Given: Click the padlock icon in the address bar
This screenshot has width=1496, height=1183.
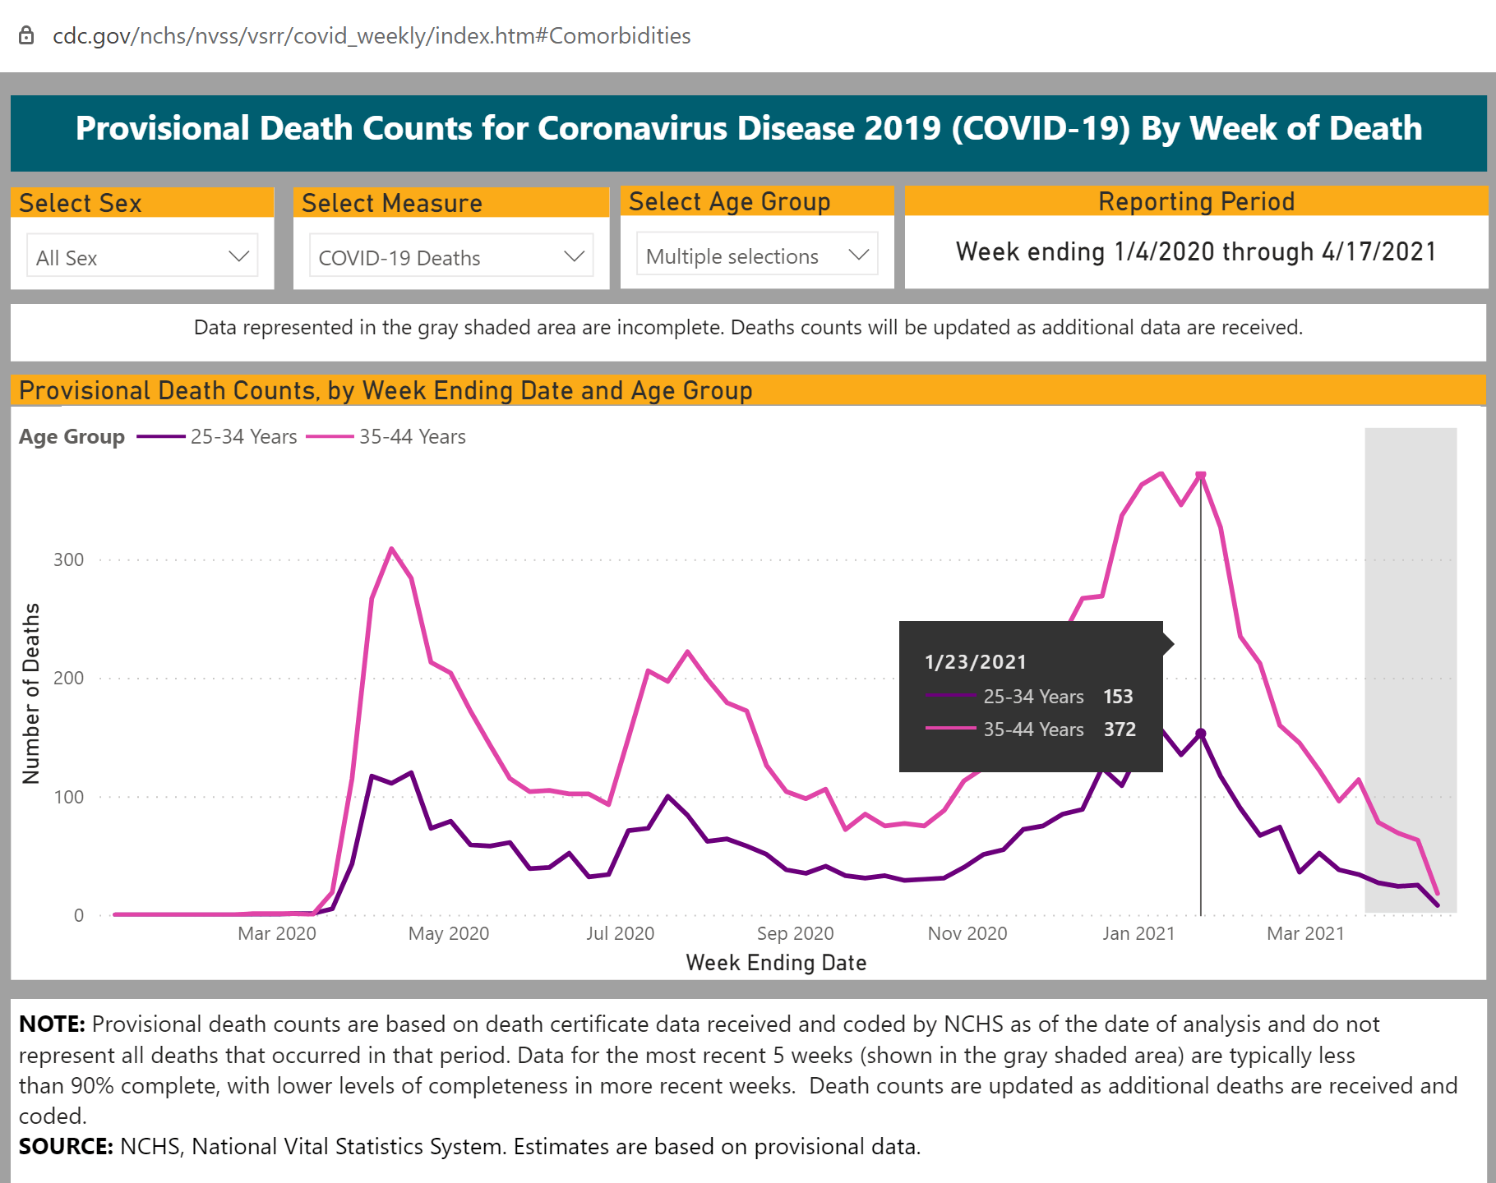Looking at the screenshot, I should pyautogui.click(x=26, y=35).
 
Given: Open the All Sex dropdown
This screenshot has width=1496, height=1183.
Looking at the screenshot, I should pyautogui.click(x=142, y=257).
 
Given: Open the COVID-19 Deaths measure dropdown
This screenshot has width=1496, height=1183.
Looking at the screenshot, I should pyautogui.click(x=450, y=257).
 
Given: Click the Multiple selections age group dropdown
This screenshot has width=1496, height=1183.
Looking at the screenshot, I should pyautogui.click(x=756, y=255).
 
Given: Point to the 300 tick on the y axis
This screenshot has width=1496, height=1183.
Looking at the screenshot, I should pyautogui.click(x=69, y=560).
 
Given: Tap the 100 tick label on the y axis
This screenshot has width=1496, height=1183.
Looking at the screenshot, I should pyautogui.click(x=69, y=797).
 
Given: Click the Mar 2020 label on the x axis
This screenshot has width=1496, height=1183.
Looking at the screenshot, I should pyautogui.click(x=276, y=933).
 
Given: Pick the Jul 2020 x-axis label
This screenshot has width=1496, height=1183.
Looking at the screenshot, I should pyautogui.click(x=620, y=933).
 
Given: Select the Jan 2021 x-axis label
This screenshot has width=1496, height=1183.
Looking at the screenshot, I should pyautogui.click(x=1138, y=933).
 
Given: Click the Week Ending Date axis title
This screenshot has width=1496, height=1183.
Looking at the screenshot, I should pyautogui.click(x=776, y=963).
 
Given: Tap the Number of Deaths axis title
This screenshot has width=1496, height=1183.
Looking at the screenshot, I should pyautogui.click(x=31, y=694).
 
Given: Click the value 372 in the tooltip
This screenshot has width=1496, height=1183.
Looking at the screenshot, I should pyautogui.click(x=1120, y=730).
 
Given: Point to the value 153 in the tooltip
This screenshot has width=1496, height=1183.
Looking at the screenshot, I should pyautogui.click(x=1118, y=697).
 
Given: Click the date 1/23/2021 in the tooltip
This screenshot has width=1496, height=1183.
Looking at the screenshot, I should pyautogui.click(x=976, y=662).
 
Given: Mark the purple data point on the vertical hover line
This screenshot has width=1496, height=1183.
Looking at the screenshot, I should pyautogui.click(x=1201, y=734).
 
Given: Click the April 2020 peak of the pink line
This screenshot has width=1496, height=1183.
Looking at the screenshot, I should pyautogui.click(x=391, y=549).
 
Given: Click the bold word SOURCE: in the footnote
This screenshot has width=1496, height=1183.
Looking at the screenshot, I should pyautogui.click(x=66, y=1147).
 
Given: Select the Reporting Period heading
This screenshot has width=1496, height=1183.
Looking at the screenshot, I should pyautogui.click(x=1196, y=202).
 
